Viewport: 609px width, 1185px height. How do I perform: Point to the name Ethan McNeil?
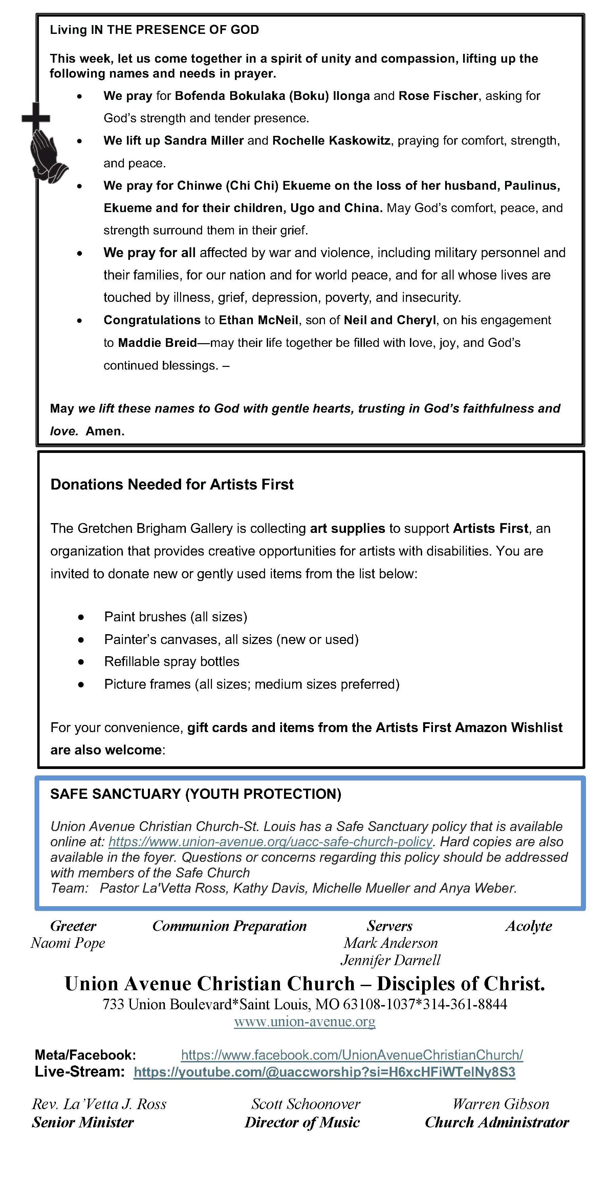coord(258,320)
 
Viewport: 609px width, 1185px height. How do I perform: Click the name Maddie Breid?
coord(157,343)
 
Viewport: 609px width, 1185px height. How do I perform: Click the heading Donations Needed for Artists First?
coord(172,484)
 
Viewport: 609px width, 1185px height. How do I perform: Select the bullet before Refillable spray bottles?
coord(81,662)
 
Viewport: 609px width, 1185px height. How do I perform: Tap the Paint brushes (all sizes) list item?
coord(176,617)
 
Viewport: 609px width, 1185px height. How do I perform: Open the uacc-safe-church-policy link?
coord(270,841)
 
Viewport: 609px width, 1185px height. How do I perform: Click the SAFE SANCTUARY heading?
coord(195,794)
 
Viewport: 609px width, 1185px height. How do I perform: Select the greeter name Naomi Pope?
coord(68,943)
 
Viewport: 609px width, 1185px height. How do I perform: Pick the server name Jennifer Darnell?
coord(390,960)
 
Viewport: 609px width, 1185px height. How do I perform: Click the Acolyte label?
coord(528,926)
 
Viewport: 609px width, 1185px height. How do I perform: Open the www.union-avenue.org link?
coord(304,1022)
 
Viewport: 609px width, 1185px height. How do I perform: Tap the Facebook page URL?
coord(352,1055)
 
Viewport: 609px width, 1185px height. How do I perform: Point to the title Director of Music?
coord(302,1122)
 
